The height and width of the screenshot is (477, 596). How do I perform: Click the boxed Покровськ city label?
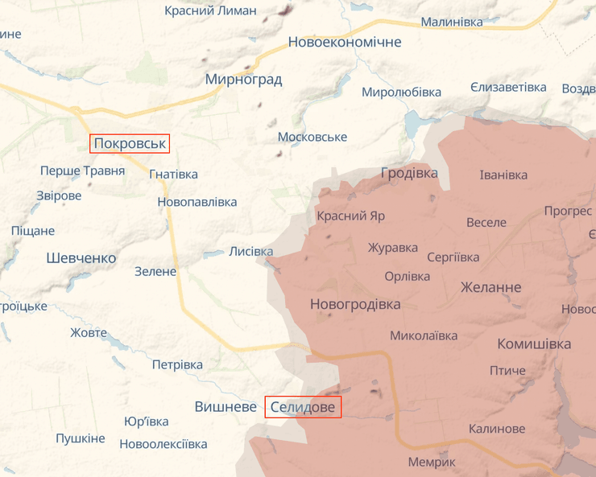(x=130, y=144)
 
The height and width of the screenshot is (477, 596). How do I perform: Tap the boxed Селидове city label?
(x=303, y=407)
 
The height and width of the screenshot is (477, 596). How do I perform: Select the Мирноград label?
(x=243, y=79)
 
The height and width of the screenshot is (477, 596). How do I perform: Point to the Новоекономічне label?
(x=345, y=42)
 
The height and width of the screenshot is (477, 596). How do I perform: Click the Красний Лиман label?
(x=210, y=10)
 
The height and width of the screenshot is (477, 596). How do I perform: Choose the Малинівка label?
(x=452, y=22)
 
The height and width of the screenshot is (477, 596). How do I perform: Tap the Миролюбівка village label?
(x=401, y=92)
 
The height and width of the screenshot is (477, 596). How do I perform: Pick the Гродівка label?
(x=409, y=173)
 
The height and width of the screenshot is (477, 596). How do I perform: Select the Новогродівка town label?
(x=354, y=304)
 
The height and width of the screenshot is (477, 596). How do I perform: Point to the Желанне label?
(x=490, y=287)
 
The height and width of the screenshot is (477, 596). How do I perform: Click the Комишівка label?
(x=534, y=343)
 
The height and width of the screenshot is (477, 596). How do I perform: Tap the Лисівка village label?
(x=251, y=251)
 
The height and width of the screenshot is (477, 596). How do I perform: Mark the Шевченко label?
(x=81, y=258)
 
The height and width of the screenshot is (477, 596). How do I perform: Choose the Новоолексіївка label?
(x=163, y=444)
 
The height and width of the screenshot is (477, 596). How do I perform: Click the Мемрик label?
(x=432, y=462)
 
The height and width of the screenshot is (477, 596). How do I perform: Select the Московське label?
(x=312, y=137)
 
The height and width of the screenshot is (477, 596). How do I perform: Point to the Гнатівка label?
(x=173, y=174)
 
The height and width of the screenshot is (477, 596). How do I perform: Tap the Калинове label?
(x=496, y=429)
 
